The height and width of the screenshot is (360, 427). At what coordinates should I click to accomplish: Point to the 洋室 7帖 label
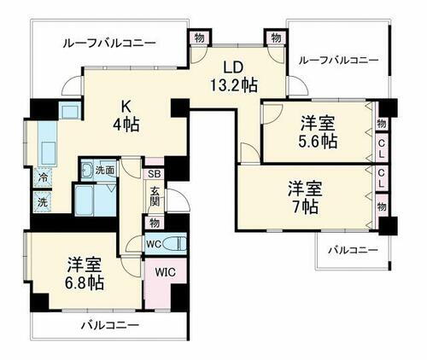[x=303, y=196]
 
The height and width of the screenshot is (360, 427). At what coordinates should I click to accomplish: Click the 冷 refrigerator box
[x=42, y=178]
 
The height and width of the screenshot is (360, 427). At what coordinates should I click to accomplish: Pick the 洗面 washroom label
[x=104, y=169]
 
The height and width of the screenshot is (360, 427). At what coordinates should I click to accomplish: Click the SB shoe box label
[x=154, y=171]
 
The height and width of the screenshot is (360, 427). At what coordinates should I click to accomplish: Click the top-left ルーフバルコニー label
[x=108, y=41]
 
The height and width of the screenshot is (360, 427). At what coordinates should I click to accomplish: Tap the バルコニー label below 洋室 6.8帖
[x=110, y=325]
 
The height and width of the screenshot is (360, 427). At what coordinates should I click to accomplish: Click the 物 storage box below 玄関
[x=154, y=223]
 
